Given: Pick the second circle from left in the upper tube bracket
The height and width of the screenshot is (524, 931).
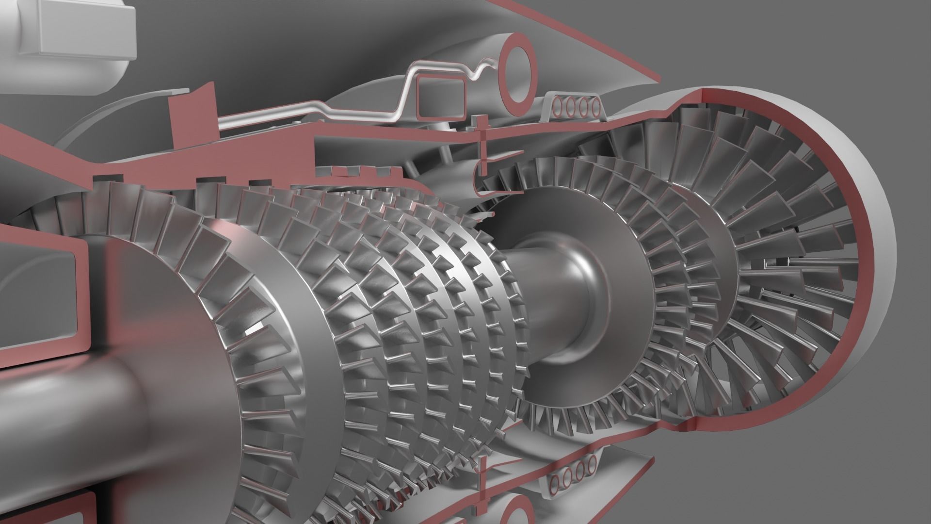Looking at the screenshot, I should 569,108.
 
